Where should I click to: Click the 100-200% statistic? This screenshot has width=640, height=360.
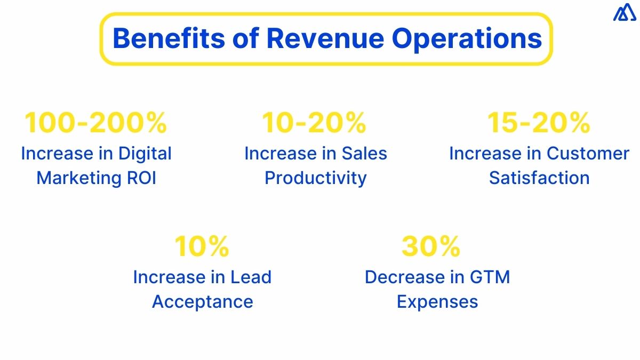point(96,123)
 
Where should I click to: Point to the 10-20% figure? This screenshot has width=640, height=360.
point(314,123)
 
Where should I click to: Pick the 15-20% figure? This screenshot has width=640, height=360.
point(539,123)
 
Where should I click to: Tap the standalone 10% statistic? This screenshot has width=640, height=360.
point(202,246)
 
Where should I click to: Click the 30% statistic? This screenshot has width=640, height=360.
point(431,246)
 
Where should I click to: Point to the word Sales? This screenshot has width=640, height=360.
point(364,154)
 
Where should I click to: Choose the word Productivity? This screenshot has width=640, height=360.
point(316,178)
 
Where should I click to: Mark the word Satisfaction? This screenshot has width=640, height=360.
point(539,178)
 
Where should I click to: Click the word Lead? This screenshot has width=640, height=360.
point(251,277)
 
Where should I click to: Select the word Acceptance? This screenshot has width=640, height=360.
point(202,302)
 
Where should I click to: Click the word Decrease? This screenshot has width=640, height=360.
point(405,277)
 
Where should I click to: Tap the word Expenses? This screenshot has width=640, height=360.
point(437,302)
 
